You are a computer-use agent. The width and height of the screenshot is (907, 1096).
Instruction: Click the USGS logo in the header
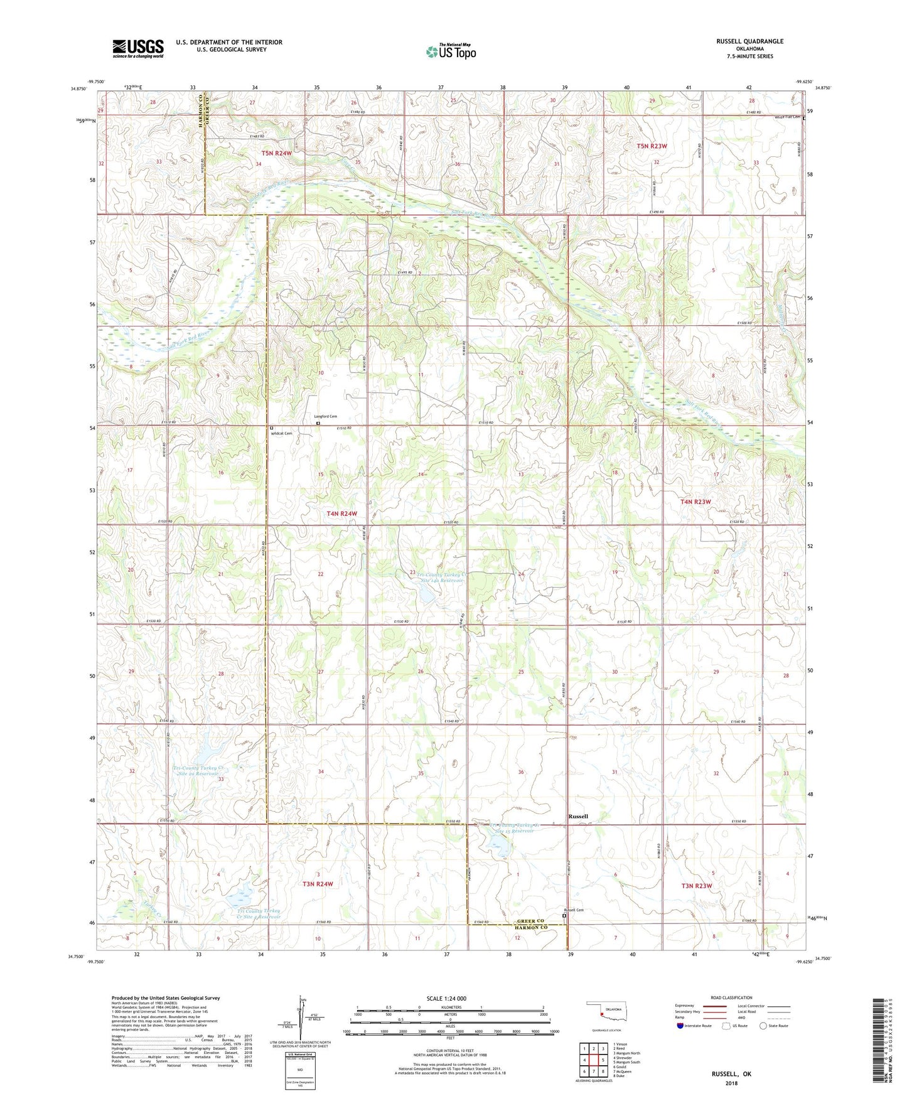point(138,48)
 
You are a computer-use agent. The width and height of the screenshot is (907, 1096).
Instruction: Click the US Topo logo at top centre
point(451,51)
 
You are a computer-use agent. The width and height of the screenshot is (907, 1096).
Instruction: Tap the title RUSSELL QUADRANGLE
point(749,41)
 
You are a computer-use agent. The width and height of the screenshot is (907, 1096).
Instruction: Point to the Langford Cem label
point(326,417)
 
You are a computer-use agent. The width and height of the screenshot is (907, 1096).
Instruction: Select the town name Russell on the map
point(578,816)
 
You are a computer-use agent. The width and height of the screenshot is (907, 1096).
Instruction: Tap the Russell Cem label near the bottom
point(573,910)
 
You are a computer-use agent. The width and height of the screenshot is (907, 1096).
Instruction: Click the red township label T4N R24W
point(341,513)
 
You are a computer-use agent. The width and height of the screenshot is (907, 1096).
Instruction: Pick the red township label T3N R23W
point(697,886)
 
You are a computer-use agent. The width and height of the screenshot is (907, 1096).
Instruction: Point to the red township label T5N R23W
point(652,146)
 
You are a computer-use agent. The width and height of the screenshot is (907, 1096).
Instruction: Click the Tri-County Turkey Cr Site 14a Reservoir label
point(442,578)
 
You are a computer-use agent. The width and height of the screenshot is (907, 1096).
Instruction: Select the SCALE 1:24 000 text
point(446,998)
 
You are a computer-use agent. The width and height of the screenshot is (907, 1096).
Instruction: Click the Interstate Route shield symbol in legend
point(681,1026)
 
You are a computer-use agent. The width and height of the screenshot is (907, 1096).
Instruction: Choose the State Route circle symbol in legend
point(763,1026)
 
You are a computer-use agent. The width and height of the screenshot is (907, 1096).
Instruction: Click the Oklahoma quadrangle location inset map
point(606,1012)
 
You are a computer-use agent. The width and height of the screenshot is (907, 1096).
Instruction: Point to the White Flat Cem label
point(787,117)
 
